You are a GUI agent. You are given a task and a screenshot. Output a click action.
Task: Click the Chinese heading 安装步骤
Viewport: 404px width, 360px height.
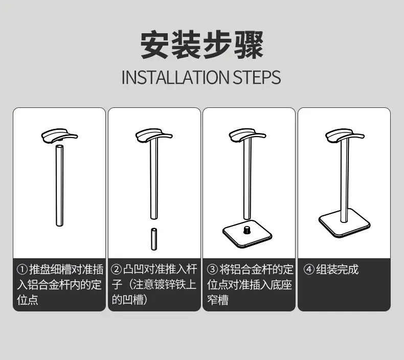[x=201, y=45]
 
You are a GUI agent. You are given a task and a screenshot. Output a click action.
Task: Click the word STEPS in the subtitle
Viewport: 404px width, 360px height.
[x=257, y=77]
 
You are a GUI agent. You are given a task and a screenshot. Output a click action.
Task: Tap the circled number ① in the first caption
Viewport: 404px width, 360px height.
[x=22, y=270]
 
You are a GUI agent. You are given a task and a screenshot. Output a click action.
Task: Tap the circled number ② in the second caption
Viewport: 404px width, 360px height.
[x=116, y=270]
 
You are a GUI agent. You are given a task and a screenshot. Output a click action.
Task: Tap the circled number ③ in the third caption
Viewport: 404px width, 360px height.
[x=212, y=270]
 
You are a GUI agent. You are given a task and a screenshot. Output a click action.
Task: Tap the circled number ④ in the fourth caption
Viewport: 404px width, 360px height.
[x=309, y=270]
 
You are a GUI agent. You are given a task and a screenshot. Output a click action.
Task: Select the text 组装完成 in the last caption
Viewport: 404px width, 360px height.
[x=338, y=270]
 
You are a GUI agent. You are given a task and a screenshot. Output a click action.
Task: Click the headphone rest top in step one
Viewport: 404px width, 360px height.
[x=59, y=136]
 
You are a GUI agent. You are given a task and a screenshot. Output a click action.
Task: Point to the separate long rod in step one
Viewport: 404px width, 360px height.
[x=59, y=186]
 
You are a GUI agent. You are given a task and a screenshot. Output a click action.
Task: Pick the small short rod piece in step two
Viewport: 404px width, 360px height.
[x=154, y=239]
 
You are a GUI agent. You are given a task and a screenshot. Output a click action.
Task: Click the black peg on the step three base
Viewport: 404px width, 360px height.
[x=247, y=230]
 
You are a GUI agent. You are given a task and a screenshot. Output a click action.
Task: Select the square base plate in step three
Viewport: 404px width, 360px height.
[x=248, y=234]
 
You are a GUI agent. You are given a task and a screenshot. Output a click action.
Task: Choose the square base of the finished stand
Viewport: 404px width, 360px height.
[x=344, y=223]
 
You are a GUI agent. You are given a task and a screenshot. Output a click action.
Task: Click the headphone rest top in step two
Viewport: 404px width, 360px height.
[x=154, y=136]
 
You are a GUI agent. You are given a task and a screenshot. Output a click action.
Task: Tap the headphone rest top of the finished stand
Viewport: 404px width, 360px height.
[x=345, y=136]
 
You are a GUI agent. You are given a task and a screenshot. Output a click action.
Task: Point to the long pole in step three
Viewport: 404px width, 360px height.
[x=248, y=178]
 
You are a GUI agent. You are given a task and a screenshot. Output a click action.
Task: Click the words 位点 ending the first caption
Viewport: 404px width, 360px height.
[x=28, y=300]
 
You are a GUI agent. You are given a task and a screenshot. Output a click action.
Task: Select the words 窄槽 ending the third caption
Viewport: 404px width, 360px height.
[x=218, y=300]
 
